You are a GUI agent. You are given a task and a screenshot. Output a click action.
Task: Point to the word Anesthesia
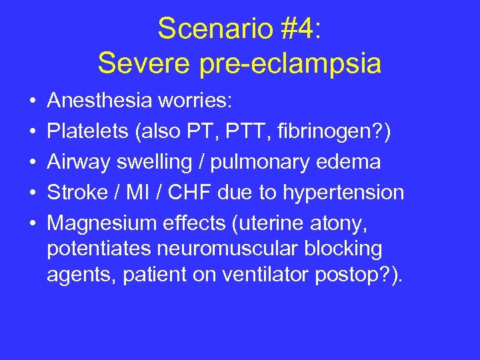(x=100, y=101)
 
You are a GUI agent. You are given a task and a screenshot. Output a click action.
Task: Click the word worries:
(x=195, y=101)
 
